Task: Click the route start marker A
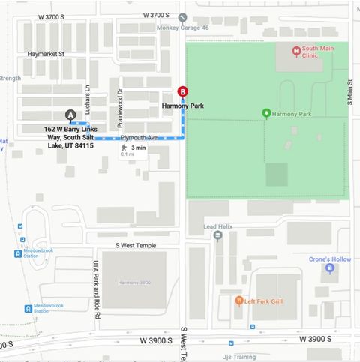tap(70, 115)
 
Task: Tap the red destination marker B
tap(182, 92)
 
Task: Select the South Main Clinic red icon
tap(296, 51)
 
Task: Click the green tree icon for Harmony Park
tap(265, 113)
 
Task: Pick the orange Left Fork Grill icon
tap(238, 301)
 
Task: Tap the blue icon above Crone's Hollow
tap(329, 268)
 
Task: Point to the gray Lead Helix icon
tap(217, 235)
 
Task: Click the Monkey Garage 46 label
tap(182, 27)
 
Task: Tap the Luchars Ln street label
tap(88, 98)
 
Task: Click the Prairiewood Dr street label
tap(119, 107)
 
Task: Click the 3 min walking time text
tap(138, 148)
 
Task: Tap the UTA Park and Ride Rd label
tap(96, 289)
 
